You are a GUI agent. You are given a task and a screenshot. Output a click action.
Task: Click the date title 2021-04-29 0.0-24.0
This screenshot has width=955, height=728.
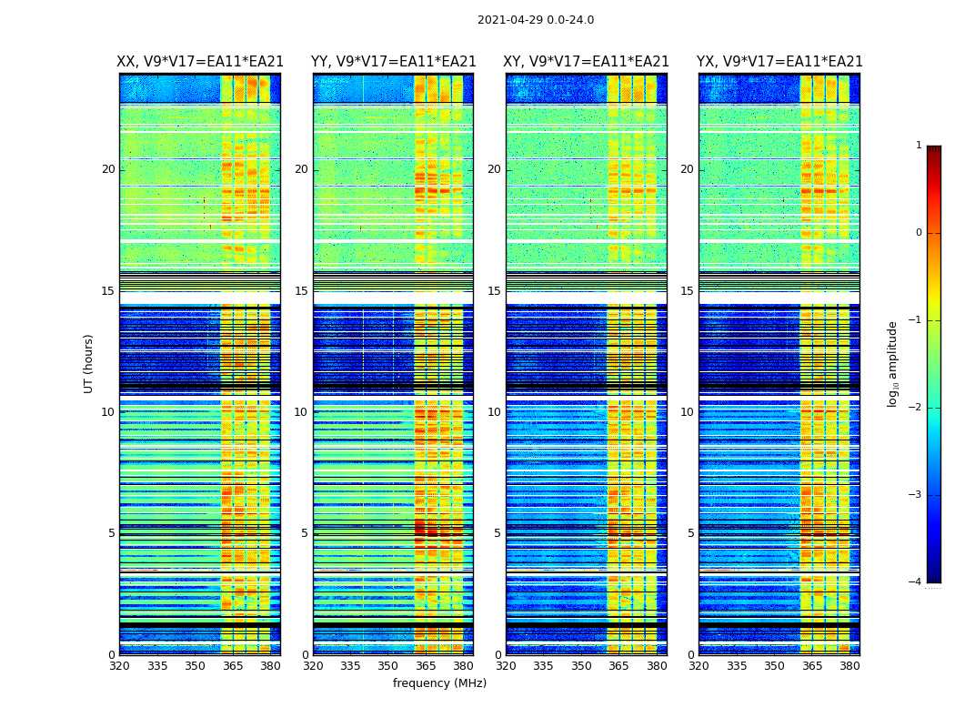pos(536,20)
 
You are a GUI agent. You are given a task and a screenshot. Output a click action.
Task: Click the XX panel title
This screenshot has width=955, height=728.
pos(200,62)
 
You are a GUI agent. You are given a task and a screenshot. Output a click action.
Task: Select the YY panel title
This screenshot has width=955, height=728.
pos(393,62)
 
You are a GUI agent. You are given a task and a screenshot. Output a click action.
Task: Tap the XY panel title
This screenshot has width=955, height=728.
pos(586,62)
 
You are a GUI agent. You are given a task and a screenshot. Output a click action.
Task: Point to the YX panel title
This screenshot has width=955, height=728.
pos(779,62)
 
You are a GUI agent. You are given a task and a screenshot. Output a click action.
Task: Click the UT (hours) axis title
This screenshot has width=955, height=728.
pos(89,363)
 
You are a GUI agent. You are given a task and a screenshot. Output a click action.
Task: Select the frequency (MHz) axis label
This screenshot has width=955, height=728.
pos(439,683)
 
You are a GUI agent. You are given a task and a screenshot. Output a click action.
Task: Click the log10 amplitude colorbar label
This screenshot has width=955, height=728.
pos(893,363)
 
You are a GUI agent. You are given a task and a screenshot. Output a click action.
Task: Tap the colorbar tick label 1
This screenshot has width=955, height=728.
pos(919,146)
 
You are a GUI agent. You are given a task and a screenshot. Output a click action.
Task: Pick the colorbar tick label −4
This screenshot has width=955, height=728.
pos(916,582)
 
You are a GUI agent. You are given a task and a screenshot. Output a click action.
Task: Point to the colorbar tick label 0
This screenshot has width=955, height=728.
pos(919,233)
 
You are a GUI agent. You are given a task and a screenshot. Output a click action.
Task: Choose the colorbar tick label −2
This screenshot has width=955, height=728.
pos(916,408)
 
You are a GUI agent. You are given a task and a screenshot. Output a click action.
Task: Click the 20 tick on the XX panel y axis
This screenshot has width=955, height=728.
pos(108,169)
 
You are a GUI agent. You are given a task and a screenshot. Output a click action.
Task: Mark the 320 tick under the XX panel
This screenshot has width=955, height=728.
pos(119,666)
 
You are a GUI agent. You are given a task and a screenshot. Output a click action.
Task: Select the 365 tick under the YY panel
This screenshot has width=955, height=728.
pos(426,666)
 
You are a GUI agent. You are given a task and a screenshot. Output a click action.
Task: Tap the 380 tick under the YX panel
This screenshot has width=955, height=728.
pos(849,666)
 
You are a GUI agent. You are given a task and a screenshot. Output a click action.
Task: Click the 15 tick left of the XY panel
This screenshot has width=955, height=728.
pos(494,291)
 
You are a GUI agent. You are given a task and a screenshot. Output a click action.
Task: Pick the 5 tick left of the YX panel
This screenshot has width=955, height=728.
pos(691,533)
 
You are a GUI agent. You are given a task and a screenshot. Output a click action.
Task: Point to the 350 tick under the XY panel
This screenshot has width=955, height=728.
pos(581,666)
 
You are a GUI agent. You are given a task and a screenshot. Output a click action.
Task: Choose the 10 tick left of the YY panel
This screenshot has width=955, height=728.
pos(301,412)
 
